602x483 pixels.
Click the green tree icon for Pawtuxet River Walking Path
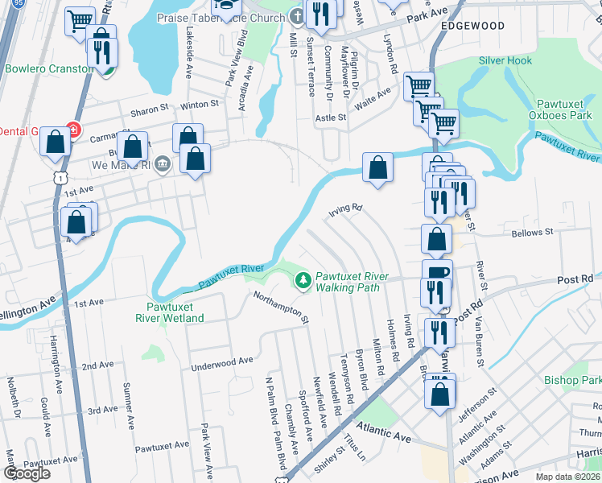(x=303, y=281)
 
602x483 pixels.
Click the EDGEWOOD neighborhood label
(x=472, y=26)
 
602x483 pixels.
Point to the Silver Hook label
(x=505, y=61)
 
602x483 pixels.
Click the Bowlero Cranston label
(x=49, y=68)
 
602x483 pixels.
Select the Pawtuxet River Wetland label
(x=175, y=312)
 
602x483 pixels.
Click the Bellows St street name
(x=533, y=233)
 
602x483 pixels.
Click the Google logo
(x=27, y=473)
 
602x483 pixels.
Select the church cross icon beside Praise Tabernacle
(x=297, y=17)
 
